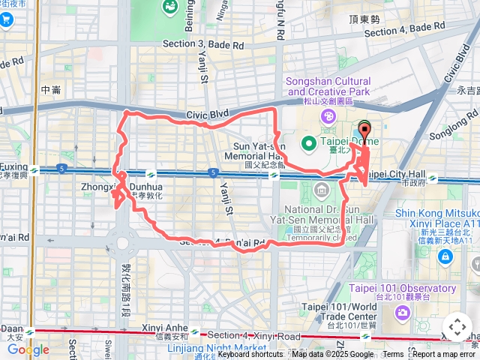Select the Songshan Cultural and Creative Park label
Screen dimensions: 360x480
(x=327, y=86)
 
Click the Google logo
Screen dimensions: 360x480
(x=28, y=349)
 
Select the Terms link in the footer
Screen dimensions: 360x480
(x=393, y=355)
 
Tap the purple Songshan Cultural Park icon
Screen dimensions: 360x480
(x=328, y=115)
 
